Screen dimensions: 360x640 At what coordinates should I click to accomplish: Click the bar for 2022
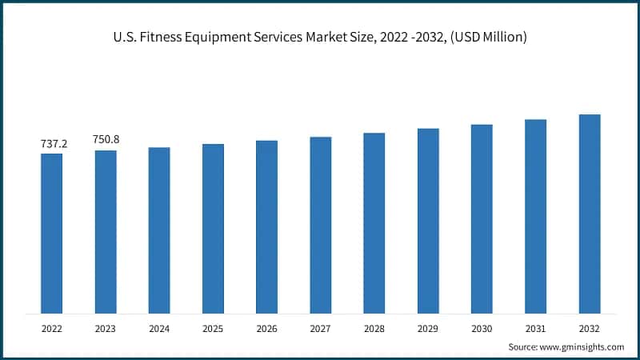click(x=51, y=233)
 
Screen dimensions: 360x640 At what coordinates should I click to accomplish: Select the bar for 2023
click(x=106, y=231)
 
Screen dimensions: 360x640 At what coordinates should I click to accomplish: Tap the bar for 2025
click(x=213, y=228)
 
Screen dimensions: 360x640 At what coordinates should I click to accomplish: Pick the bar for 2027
click(x=320, y=225)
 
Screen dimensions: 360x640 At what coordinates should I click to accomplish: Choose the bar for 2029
click(x=428, y=220)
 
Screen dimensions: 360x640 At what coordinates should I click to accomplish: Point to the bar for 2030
click(x=482, y=218)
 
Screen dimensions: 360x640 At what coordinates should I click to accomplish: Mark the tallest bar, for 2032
click(x=590, y=214)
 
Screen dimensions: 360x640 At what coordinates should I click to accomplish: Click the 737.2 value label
click(x=54, y=144)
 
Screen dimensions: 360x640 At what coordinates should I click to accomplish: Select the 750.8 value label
click(x=106, y=139)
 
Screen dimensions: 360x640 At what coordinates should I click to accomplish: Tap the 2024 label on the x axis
click(x=159, y=328)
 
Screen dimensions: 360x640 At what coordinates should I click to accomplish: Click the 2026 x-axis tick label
click(x=266, y=328)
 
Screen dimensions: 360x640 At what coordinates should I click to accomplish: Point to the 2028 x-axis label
click(x=374, y=328)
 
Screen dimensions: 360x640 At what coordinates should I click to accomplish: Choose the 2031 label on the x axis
click(x=535, y=328)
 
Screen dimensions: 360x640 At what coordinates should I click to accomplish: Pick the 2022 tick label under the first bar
click(x=51, y=328)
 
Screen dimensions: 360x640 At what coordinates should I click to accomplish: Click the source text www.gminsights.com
click(x=583, y=346)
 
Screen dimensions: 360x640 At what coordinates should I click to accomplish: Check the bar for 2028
click(x=374, y=222)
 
